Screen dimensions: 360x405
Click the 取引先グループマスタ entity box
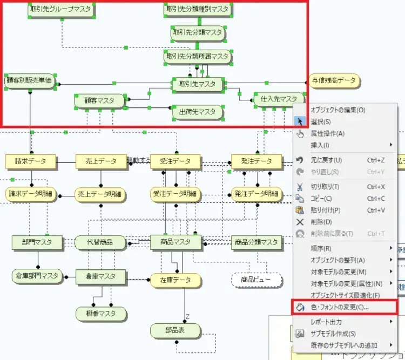[62, 10]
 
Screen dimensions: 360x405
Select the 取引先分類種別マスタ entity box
[198, 10]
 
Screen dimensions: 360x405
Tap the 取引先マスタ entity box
[197, 84]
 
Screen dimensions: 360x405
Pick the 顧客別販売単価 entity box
[30, 81]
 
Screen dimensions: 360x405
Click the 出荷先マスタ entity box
[197, 112]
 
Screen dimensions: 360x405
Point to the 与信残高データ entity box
[334, 81]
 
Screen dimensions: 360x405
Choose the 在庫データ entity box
[175, 280]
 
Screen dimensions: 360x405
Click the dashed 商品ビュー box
[256, 280]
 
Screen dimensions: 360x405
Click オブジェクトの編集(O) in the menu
[338, 110]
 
